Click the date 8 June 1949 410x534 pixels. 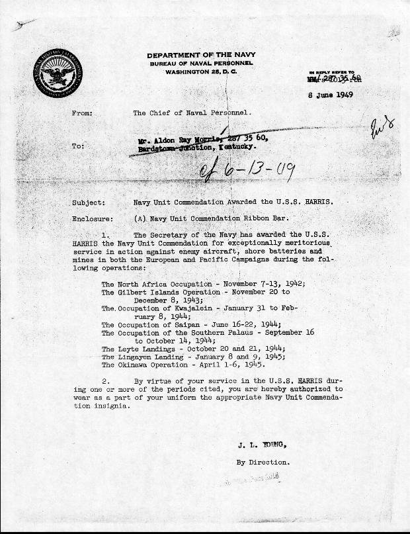click(x=331, y=95)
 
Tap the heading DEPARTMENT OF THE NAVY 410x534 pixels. click(x=202, y=55)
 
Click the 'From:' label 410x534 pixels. click(x=82, y=113)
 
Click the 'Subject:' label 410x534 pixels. click(x=86, y=202)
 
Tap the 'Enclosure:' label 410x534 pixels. click(x=90, y=218)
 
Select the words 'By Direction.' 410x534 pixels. click(x=263, y=462)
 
